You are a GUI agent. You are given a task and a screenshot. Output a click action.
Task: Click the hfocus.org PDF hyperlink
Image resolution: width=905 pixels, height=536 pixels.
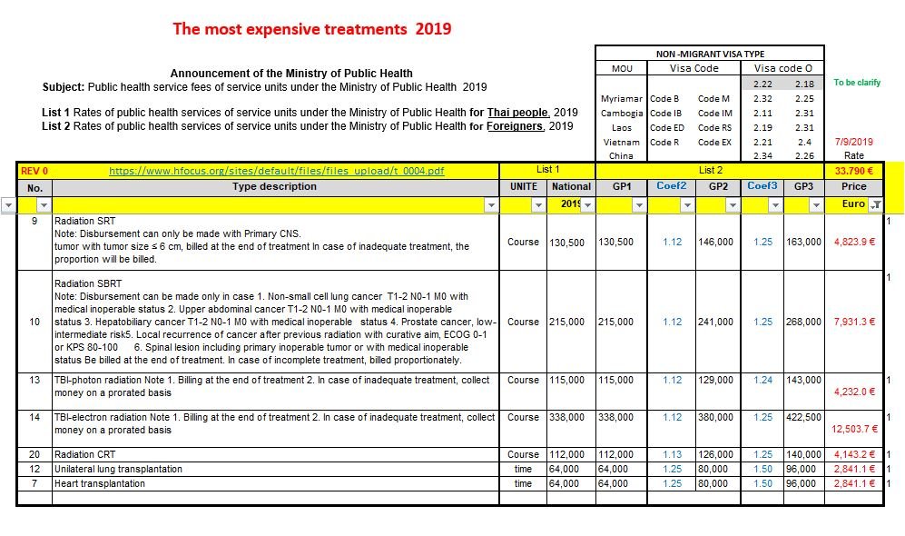tap(277, 171)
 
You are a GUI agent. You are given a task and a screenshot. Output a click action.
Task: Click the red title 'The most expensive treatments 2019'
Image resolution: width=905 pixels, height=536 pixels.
tap(312, 29)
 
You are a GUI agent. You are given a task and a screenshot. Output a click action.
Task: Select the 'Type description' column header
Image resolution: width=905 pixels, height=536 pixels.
tap(274, 186)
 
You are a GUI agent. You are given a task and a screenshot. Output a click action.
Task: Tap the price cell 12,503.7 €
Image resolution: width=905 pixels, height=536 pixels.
tap(854, 429)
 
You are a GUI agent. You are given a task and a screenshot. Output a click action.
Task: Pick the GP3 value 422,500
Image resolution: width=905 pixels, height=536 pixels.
tap(803, 417)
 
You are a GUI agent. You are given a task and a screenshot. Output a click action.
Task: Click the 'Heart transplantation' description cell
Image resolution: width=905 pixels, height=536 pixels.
tap(100, 483)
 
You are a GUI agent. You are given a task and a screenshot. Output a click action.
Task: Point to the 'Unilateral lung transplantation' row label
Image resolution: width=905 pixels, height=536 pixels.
tap(118, 469)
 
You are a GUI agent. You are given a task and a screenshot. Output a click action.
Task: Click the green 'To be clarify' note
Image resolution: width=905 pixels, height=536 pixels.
tap(857, 83)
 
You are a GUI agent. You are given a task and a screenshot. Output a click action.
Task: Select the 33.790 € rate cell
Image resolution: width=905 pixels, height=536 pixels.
tap(853, 171)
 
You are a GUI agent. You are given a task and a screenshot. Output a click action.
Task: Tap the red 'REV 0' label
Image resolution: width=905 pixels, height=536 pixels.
tap(34, 171)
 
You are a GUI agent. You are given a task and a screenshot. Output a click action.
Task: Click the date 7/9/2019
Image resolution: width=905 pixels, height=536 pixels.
tap(853, 142)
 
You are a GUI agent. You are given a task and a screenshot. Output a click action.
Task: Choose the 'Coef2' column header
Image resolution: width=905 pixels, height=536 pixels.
tap(671, 186)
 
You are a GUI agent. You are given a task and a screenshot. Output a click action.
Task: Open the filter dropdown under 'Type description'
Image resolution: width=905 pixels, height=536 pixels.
tap(491, 205)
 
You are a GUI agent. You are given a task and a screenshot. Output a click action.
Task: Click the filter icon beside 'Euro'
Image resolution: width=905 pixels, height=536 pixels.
tap(876, 204)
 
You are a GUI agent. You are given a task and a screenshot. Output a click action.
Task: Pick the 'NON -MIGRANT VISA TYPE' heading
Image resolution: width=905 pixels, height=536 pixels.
tap(710, 54)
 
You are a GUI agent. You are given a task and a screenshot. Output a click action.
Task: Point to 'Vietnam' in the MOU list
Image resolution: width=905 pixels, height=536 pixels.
tap(622, 142)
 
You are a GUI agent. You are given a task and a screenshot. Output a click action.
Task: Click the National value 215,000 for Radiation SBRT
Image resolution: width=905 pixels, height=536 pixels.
tap(566, 322)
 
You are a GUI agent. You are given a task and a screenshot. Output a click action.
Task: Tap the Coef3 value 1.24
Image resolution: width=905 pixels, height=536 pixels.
tap(763, 380)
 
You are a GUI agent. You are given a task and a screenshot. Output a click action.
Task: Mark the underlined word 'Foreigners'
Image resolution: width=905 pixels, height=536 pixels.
tap(515, 126)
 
